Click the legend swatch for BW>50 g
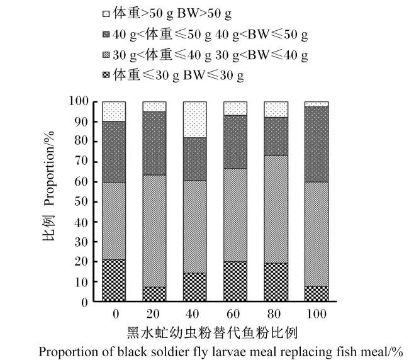[106, 14]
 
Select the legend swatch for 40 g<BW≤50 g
[106, 35]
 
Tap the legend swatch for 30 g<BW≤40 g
[106, 55]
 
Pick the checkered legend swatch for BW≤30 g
[106, 76]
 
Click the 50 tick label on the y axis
[81, 202]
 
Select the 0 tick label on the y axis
[85, 303]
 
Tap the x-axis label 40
[193, 314]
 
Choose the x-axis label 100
[317, 314]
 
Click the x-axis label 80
[274, 314]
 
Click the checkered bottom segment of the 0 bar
[114, 281]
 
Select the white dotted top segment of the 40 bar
[195, 120]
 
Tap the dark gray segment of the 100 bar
[317, 144]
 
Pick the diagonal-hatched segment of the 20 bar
[154, 231]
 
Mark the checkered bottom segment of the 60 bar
[235, 281]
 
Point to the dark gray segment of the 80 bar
[276, 137]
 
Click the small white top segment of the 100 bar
[317, 104]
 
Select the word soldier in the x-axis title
[168, 352]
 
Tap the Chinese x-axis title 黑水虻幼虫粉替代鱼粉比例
[212, 333]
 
